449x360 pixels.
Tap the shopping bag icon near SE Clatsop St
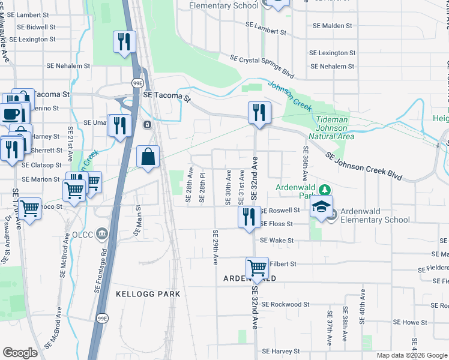(148, 158)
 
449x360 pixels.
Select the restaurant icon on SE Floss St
(250, 217)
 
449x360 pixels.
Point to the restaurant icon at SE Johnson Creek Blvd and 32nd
(259, 113)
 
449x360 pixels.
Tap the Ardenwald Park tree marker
(325, 190)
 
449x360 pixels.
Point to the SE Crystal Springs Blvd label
(262, 66)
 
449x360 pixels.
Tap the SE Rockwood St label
(285, 304)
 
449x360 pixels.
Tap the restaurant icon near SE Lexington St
(124, 42)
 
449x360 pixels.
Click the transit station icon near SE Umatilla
(146, 125)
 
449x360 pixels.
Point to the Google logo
(20, 352)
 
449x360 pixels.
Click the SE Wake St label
(277, 241)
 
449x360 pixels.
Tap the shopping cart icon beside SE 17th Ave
(29, 209)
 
